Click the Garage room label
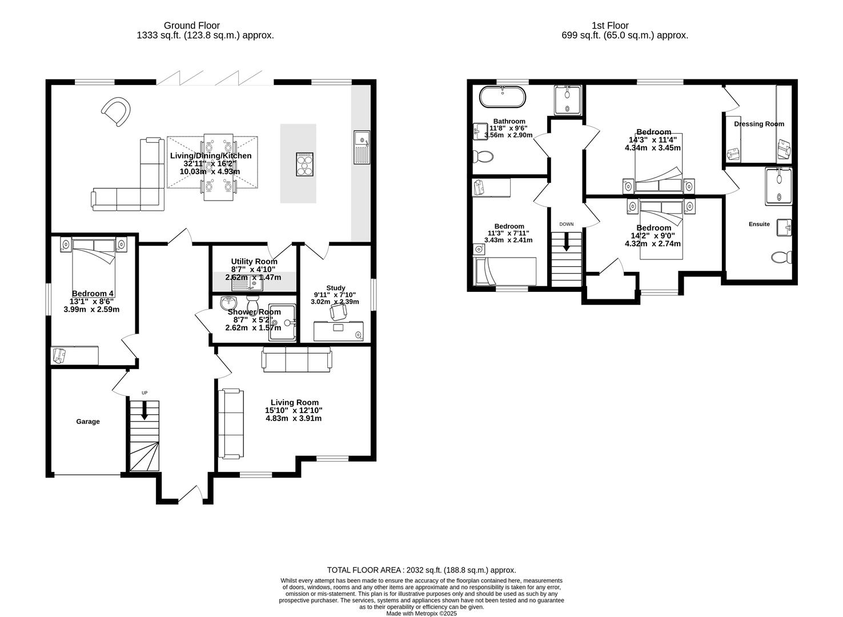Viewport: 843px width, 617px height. [x=88, y=422]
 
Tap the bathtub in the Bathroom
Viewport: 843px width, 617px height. [x=503, y=97]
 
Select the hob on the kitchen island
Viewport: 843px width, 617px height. [x=304, y=164]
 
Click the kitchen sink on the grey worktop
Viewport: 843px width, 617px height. [x=362, y=147]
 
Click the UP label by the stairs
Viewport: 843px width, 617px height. [x=144, y=393]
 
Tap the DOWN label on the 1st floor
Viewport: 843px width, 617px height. [x=567, y=225]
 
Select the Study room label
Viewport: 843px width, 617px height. [x=336, y=288]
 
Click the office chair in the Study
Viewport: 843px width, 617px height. [x=338, y=312]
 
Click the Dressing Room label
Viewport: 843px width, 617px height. [x=759, y=124]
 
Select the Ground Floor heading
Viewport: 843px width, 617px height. [x=191, y=26]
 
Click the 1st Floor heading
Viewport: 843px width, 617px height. [x=610, y=26]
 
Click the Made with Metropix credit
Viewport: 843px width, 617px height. [x=421, y=614]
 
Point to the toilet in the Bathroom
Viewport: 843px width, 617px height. [x=483, y=156]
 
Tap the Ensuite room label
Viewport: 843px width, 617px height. [x=759, y=224]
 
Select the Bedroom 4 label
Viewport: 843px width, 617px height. [x=93, y=293]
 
